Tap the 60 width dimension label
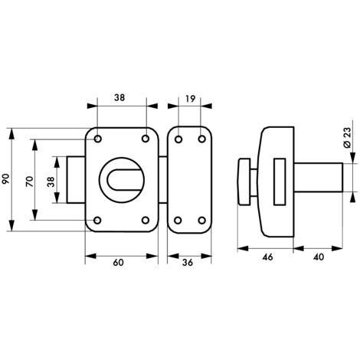coord(119,263)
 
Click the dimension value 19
coord(190,100)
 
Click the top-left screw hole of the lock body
coord(99,139)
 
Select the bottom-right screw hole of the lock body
coord(145,221)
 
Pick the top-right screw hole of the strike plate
coord(202,139)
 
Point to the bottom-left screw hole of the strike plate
coord(178,221)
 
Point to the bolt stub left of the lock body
coord(77,180)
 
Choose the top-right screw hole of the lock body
coord(145,139)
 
